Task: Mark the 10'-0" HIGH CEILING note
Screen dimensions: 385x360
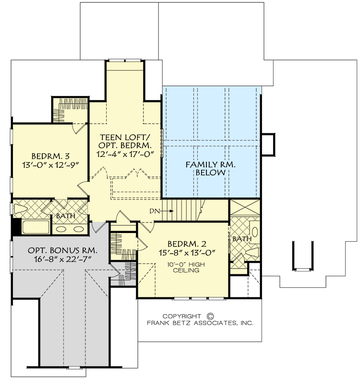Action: (183, 266)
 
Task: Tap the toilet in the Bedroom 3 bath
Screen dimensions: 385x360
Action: (20, 209)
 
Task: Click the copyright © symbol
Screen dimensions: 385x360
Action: (209, 316)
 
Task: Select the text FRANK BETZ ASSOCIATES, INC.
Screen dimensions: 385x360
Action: (200, 324)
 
